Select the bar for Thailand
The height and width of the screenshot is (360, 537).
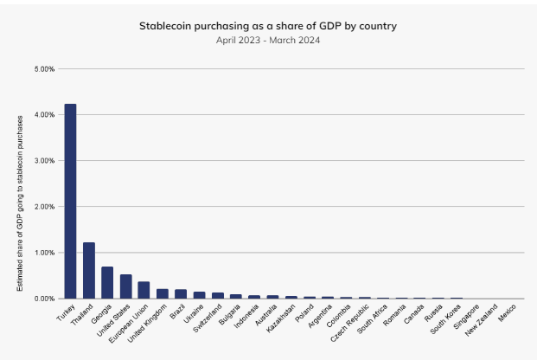[x=88, y=270]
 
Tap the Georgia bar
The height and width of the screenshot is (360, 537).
[x=107, y=282]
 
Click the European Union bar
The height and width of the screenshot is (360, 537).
[x=144, y=290]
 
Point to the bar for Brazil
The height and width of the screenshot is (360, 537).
[x=181, y=293]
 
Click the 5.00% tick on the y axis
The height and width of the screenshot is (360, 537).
[x=44, y=68]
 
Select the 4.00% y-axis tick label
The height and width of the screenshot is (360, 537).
[x=44, y=114]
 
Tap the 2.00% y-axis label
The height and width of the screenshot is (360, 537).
[x=44, y=206]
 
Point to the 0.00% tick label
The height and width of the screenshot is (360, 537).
[x=44, y=299]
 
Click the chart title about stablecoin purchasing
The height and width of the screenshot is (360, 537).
[x=268, y=26]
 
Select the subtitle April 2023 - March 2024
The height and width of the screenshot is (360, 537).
[x=268, y=40]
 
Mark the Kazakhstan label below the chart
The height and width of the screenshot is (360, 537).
[x=280, y=316]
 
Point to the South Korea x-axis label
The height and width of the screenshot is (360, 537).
[x=444, y=316]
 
